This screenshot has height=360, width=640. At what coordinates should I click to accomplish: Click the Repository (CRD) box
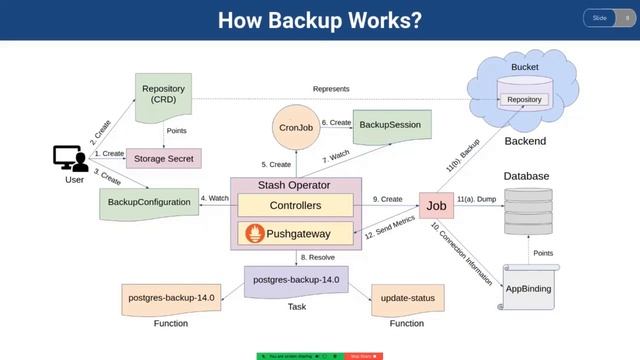point(163,95)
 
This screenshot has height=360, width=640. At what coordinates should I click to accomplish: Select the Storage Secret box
point(163,157)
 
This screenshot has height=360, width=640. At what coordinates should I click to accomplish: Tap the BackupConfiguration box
point(149,202)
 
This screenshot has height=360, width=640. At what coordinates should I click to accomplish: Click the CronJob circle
point(296,128)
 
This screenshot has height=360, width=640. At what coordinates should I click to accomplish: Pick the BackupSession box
point(389,125)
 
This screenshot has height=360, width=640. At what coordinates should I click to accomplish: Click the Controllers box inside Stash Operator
point(295,205)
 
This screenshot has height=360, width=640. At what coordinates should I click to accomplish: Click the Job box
point(436,206)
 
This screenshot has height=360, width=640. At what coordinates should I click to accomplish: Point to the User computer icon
point(70,158)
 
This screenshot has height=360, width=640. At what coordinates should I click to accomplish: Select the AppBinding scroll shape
point(528,287)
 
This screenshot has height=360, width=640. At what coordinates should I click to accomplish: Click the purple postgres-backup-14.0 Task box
point(296,279)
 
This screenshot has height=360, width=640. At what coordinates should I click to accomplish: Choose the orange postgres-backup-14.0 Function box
point(171,298)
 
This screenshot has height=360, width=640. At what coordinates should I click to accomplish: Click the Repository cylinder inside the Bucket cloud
point(524,98)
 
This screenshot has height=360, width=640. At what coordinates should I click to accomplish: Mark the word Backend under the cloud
point(525,141)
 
